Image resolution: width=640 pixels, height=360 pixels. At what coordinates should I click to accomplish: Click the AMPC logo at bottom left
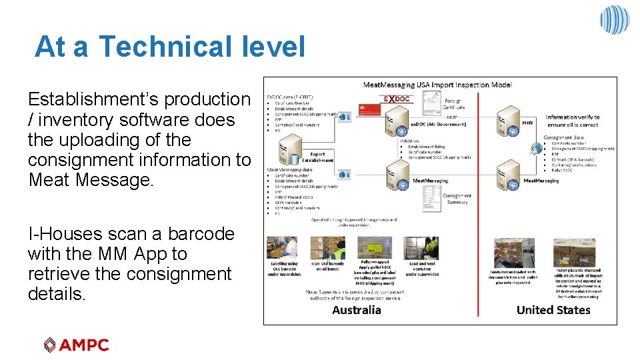point(76,345)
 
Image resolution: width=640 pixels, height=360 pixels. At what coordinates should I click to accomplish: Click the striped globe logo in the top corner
point(614,19)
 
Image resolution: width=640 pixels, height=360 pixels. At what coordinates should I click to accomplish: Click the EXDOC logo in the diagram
point(397,99)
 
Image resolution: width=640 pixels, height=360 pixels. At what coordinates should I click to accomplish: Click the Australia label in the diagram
point(357,309)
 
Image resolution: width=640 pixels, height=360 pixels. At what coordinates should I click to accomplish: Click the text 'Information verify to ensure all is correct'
point(572,121)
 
